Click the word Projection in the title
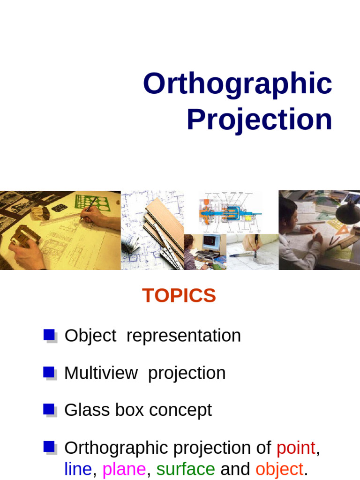(259, 120)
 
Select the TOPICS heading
(179, 296)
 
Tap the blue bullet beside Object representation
(49, 335)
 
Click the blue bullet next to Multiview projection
(49, 372)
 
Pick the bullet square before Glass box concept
(49, 409)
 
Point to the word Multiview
(101, 373)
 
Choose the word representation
(183, 336)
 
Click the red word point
(296, 448)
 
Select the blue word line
(78, 469)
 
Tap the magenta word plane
(124, 469)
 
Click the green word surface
(186, 469)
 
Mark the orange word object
(279, 469)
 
